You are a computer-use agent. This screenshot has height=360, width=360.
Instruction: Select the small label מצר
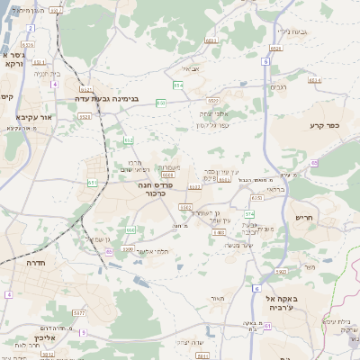(310, 266)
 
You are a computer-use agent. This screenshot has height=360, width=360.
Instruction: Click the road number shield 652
(129, 140)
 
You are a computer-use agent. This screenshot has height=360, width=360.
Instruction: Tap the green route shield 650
(160, 103)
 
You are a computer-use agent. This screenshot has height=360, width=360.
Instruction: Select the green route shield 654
(178, 85)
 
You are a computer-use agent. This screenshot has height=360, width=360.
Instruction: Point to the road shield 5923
(281, 270)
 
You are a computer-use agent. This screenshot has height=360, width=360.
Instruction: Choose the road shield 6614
(314, 80)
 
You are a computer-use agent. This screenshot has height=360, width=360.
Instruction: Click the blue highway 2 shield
(30, 28)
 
